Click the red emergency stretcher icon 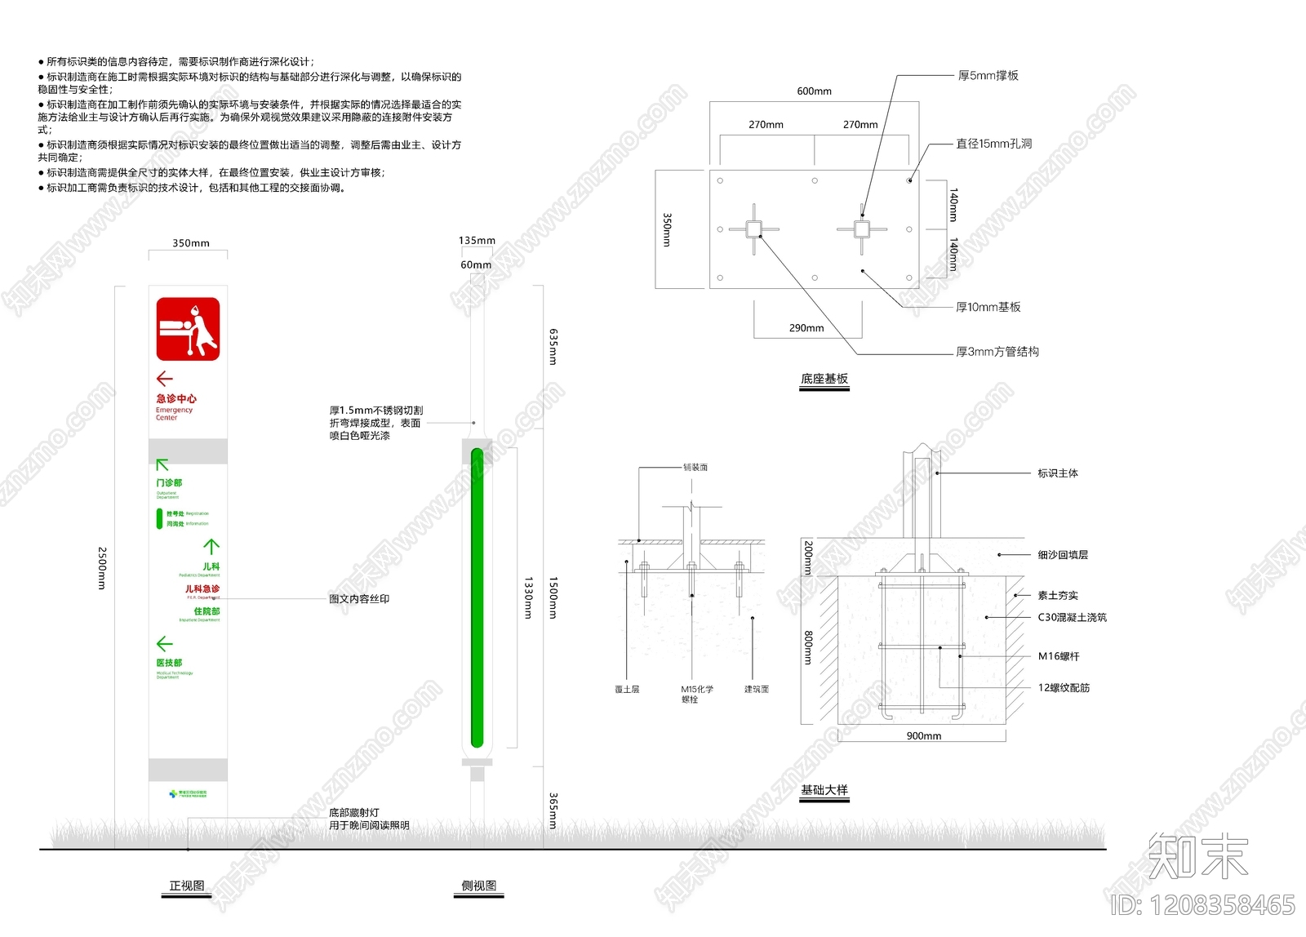tap(188, 329)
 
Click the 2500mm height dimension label tap(102, 568)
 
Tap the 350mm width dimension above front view tap(190, 243)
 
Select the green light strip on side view tap(478, 597)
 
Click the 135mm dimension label tap(477, 241)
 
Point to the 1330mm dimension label tap(528, 597)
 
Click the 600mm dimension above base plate tap(814, 91)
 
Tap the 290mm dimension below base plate tap(806, 328)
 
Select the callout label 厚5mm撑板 tap(988, 76)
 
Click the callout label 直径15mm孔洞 tap(993, 144)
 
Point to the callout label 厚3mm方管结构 tap(997, 352)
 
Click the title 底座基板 tap(824, 379)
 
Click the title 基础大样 tap(824, 790)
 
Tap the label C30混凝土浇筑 tap(1072, 618)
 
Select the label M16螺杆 tap(1058, 656)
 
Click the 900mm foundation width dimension tap(923, 736)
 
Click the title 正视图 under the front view tap(187, 886)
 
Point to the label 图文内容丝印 tap(359, 599)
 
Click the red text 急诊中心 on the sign tap(176, 399)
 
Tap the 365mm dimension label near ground tap(553, 810)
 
